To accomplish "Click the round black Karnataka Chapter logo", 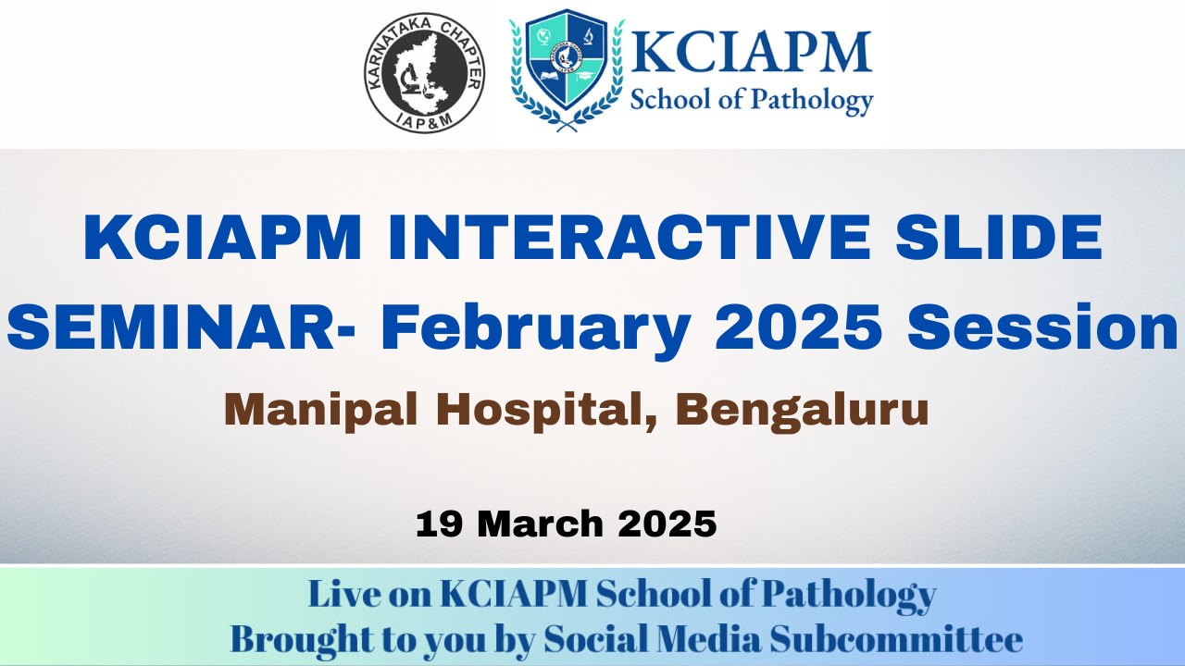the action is point(424,73).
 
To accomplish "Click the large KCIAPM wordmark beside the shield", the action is point(751,52).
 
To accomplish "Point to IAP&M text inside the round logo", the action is point(424,120).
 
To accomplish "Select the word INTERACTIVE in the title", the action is point(629,238).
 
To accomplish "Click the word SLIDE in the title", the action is point(999,238).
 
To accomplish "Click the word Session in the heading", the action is point(1043,327).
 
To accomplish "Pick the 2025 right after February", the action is point(798,327).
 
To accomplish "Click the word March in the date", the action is point(540,524).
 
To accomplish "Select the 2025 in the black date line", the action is point(667,524).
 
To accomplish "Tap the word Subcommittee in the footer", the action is point(896,639).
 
